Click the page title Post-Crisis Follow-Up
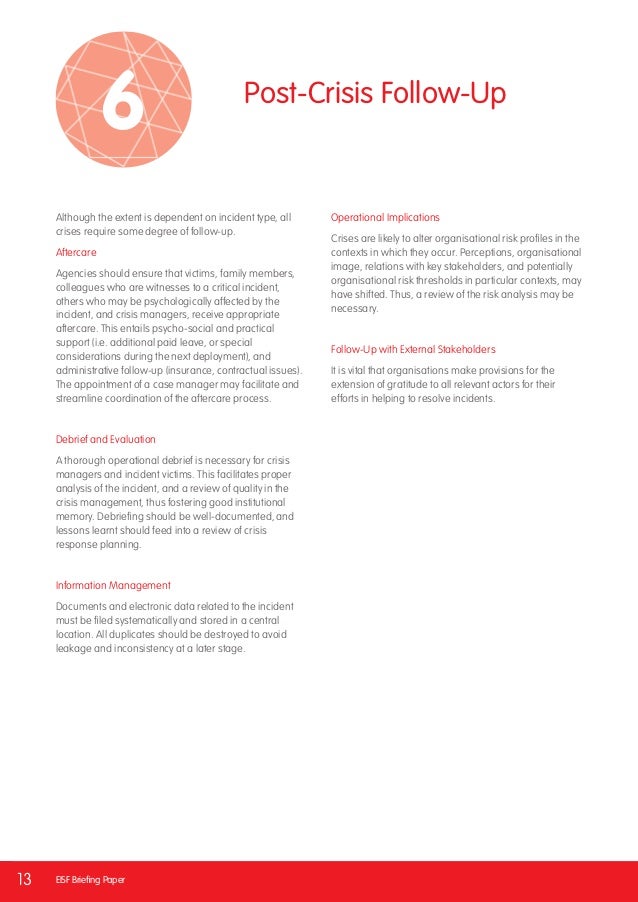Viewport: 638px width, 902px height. (x=375, y=94)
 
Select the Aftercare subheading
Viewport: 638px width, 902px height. (x=76, y=252)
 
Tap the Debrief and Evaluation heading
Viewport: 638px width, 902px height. (x=105, y=439)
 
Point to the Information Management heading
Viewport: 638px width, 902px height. (x=113, y=585)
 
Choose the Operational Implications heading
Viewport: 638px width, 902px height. (x=385, y=217)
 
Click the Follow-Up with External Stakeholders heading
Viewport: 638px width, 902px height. (x=412, y=349)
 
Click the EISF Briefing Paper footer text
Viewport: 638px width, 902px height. (x=91, y=880)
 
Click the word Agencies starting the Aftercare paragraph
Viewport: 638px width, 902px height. (x=77, y=273)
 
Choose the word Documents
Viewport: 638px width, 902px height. (x=82, y=606)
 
